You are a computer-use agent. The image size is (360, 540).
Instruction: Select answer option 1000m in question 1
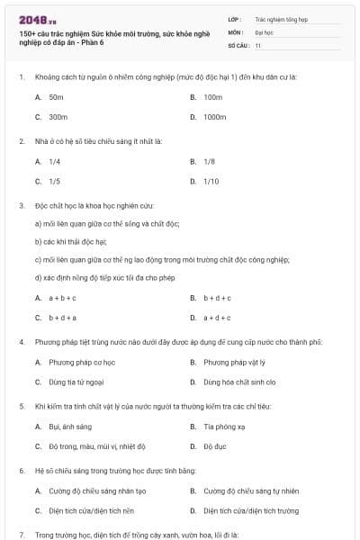[214, 117]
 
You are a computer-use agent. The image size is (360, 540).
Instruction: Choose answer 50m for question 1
[56, 96]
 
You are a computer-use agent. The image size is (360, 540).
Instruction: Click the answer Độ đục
[213, 447]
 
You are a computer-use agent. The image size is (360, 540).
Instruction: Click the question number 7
[21, 535]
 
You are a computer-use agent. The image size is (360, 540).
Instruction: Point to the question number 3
[21, 205]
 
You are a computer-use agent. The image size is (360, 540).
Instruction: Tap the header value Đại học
[263, 31]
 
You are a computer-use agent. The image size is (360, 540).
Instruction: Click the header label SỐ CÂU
[238, 44]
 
